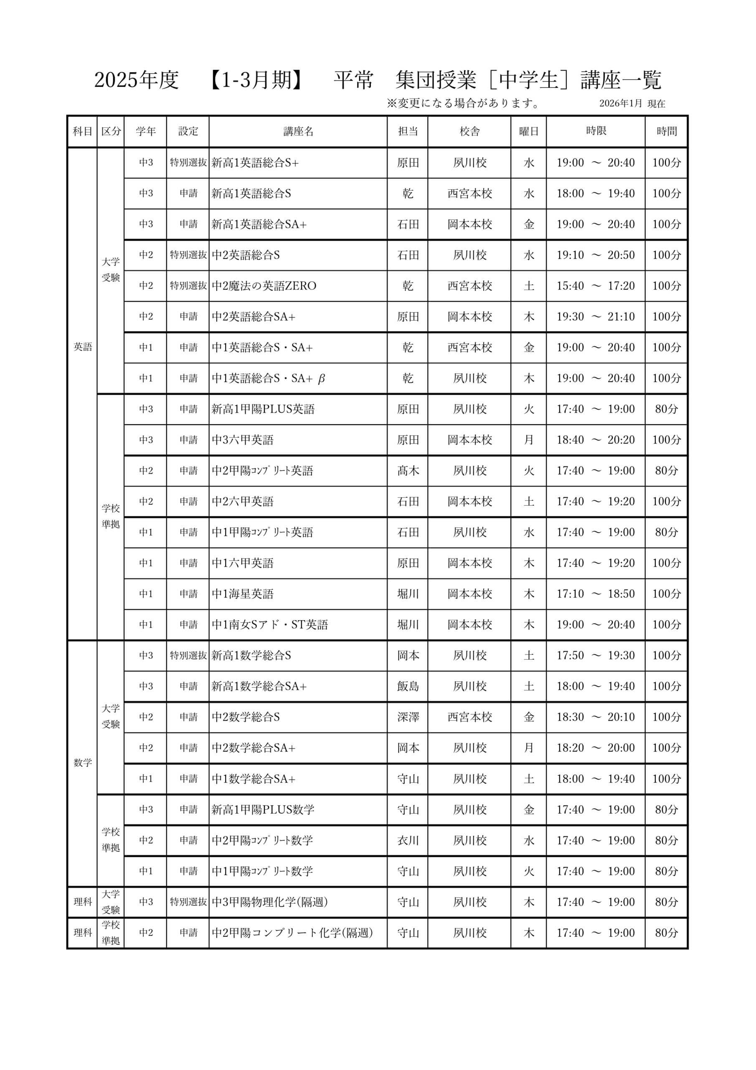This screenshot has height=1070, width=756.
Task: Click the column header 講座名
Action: pyautogui.click(x=298, y=131)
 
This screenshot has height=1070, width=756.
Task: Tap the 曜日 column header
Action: pyautogui.click(x=529, y=131)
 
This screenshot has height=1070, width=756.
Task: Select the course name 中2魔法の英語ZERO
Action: pyautogui.click(x=264, y=285)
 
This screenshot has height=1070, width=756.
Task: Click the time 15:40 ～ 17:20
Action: pyautogui.click(x=595, y=285)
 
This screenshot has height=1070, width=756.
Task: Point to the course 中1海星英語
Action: pyautogui.click(x=243, y=594)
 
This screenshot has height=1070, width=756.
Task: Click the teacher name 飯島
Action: pyautogui.click(x=408, y=686)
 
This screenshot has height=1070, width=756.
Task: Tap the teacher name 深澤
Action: pyautogui.click(x=408, y=717)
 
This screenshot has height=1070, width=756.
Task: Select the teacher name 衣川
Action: pyautogui.click(x=408, y=840)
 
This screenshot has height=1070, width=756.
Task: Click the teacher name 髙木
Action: pyautogui.click(x=408, y=471)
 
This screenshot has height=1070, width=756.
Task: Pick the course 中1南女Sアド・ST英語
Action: pyautogui.click(x=270, y=624)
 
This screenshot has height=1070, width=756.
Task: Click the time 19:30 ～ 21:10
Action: pyautogui.click(x=595, y=316)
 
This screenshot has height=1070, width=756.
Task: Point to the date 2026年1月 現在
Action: pyautogui.click(x=632, y=104)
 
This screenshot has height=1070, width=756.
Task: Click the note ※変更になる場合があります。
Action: pyautogui.click(x=463, y=104)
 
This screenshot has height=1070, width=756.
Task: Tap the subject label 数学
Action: pyautogui.click(x=83, y=762)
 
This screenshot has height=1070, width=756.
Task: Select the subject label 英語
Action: pyautogui.click(x=83, y=347)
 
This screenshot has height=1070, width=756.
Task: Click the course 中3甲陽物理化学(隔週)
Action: pyautogui.click(x=270, y=902)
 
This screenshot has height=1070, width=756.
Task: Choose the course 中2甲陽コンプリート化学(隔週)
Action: pyautogui.click(x=292, y=932)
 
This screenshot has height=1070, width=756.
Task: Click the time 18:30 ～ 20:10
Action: pyautogui.click(x=595, y=717)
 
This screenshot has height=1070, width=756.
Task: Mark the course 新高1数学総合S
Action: pyautogui.click(x=251, y=655)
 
